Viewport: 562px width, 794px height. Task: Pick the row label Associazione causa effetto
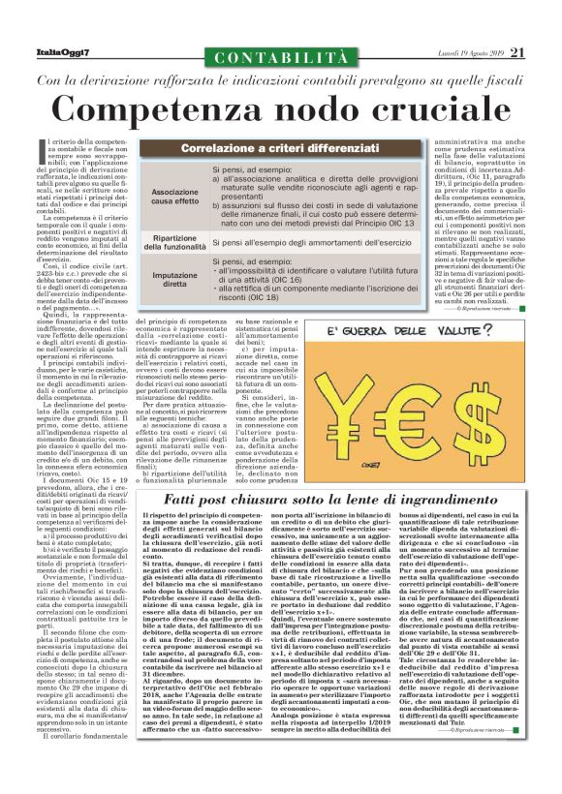175,199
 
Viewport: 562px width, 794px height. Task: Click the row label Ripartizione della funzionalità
175,242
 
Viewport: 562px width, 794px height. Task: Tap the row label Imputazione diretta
175,281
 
